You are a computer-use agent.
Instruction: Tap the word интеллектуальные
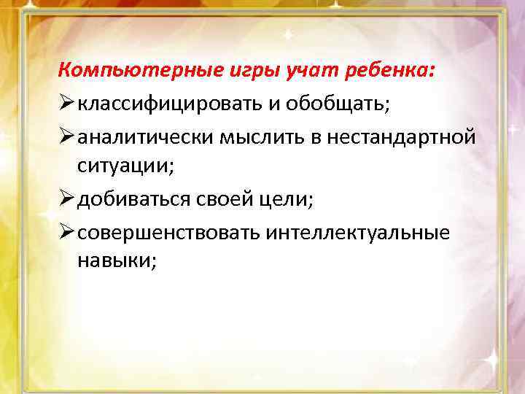pyautogui.click(x=358, y=232)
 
